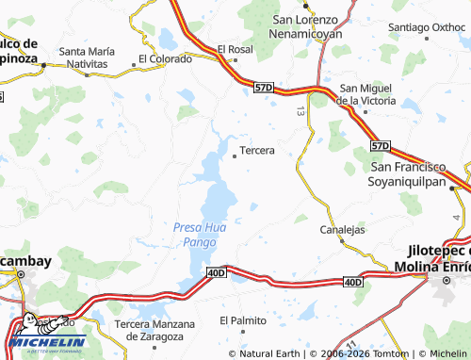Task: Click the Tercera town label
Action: pyautogui.click(x=257, y=150)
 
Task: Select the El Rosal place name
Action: pyautogui.click(x=235, y=49)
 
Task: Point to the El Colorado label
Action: pyautogui.click(x=165, y=58)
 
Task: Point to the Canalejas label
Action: pyautogui.click(x=343, y=229)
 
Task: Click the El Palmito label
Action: pyautogui.click(x=243, y=320)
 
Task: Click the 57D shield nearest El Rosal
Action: pyautogui.click(x=264, y=87)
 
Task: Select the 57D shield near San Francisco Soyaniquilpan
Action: pyautogui.click(x=380, y=146)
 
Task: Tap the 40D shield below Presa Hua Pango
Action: pyautogui.click(x=216, y=273)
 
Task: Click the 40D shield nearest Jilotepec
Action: pyautogui.click(x=353, y=282)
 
